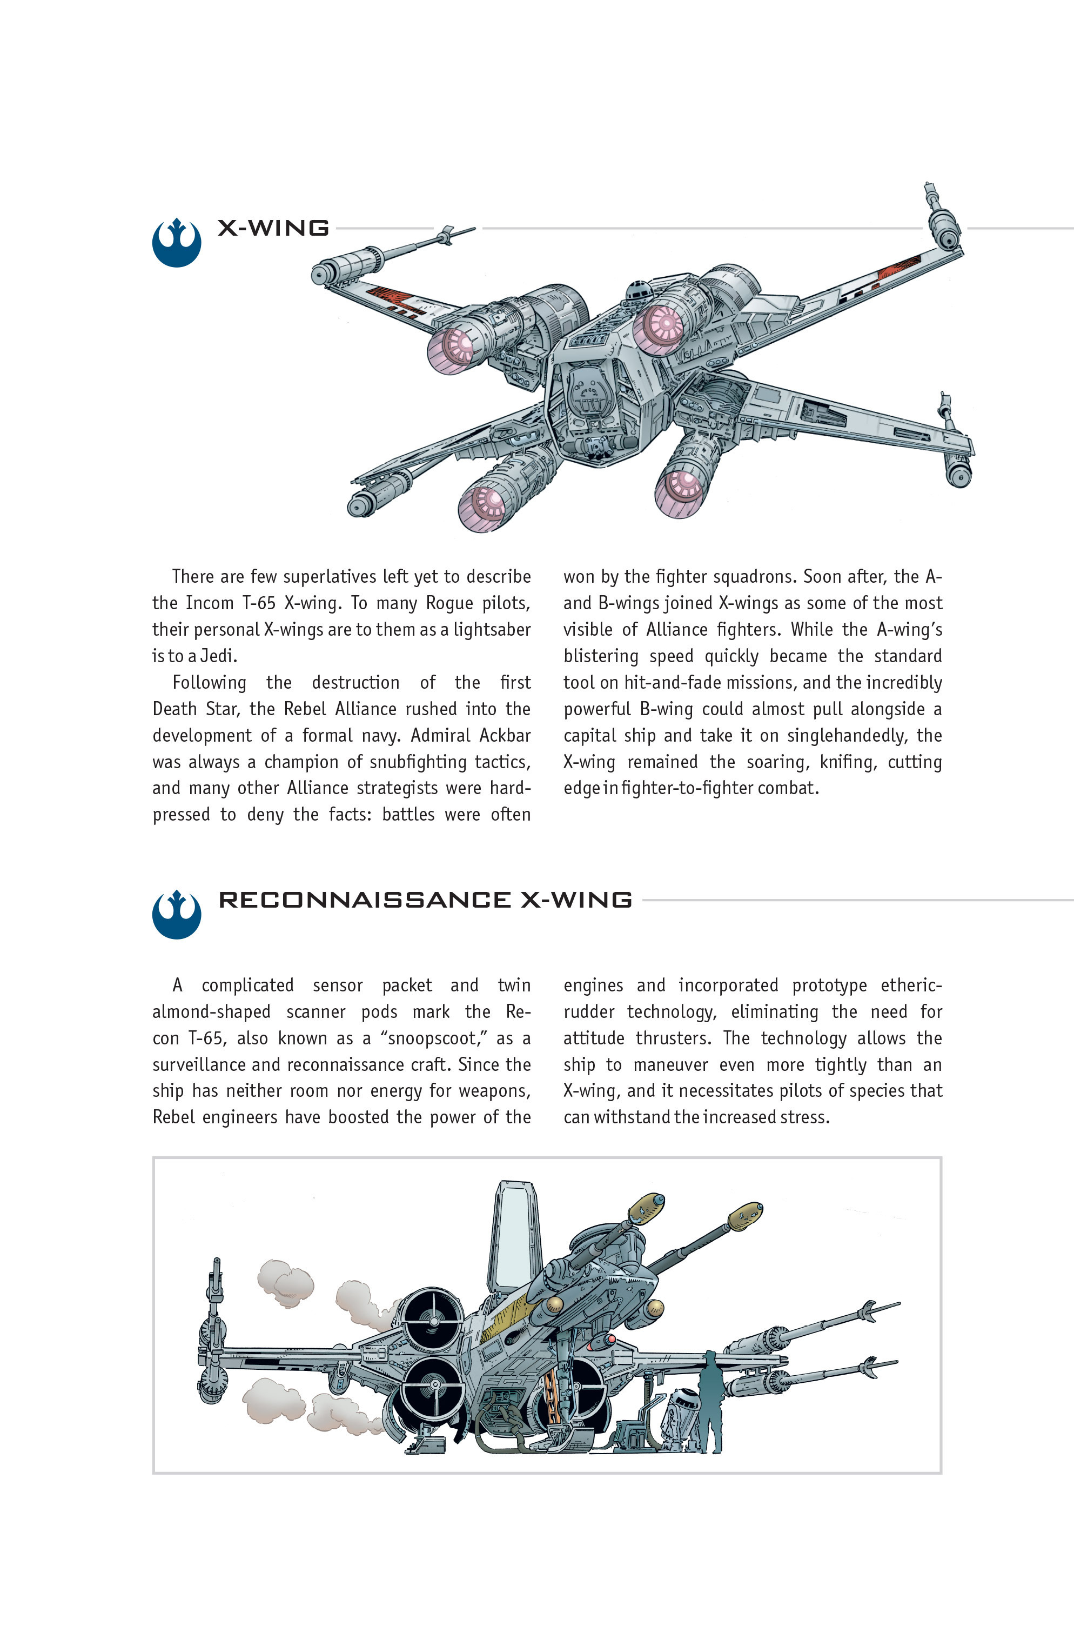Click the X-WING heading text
273,228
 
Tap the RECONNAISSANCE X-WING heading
425,900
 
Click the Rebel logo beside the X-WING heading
176,243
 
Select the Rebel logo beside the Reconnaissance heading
176,915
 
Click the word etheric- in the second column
911,985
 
